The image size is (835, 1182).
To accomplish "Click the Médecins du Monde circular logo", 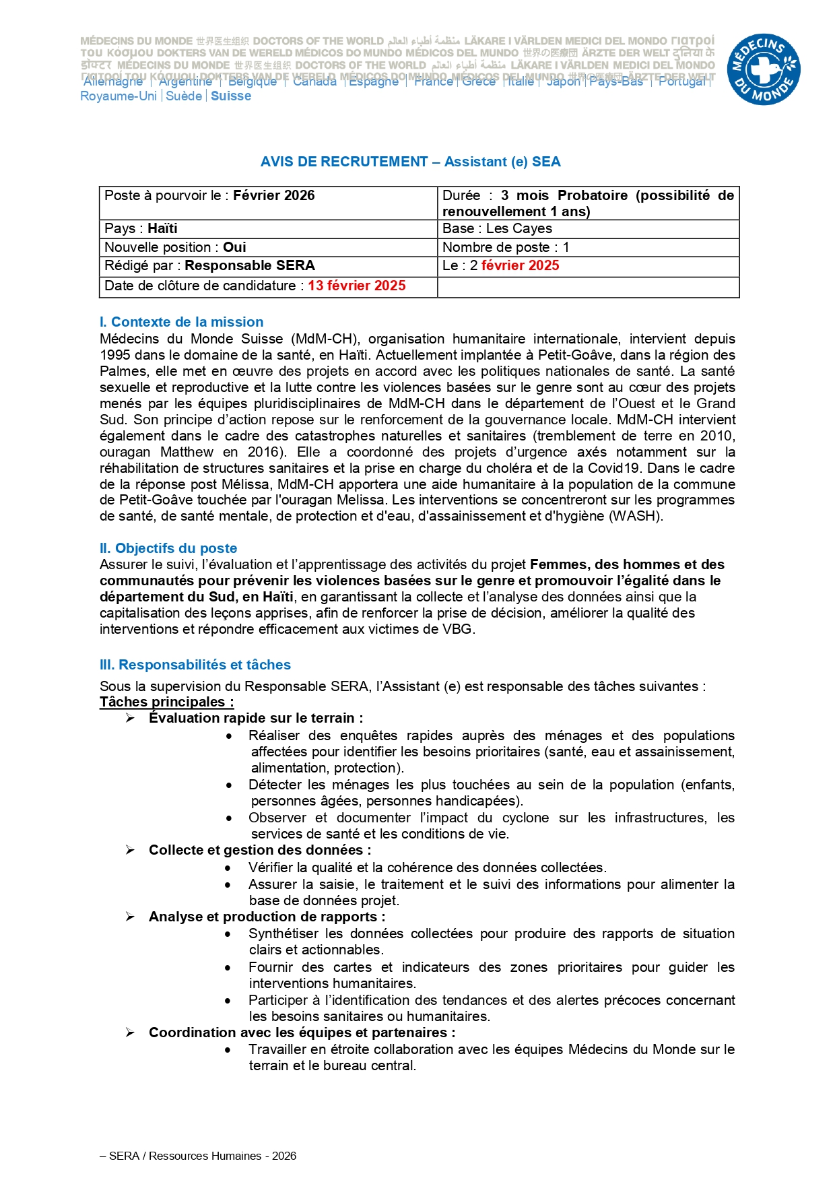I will pyautogui.click(x=763, y=69).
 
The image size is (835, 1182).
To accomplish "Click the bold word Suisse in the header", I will pyautogui.click(x=231, y=96).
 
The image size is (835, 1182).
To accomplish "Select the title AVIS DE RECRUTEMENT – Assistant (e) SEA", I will pyautogui.click(x=410, y=162).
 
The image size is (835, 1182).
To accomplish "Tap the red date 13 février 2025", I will pyautogui.click(x=356, y=286).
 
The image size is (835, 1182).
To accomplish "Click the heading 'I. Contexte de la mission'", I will pyautogui.click(x=181, y=322).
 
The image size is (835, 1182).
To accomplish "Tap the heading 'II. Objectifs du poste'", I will pyautogui.click(x=168, y=548).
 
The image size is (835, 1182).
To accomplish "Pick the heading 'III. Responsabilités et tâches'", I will pyautogui.click(x=195, y=665).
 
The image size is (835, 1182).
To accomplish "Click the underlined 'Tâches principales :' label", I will pyautogui.click(x=166, y=702).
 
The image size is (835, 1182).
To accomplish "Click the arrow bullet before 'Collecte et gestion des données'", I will pyautogui.click(x=130, y=851).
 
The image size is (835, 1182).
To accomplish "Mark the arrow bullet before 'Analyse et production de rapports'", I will pyautogui.click(x=130, y=917).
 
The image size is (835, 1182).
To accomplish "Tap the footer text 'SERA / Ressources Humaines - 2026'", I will pyautogui.click(x=202, y=1156).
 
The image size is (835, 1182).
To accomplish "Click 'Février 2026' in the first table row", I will pyautogui.click(x=273, y=195).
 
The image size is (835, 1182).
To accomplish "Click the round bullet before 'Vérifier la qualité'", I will pyautogui.click(x=229, y=868).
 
